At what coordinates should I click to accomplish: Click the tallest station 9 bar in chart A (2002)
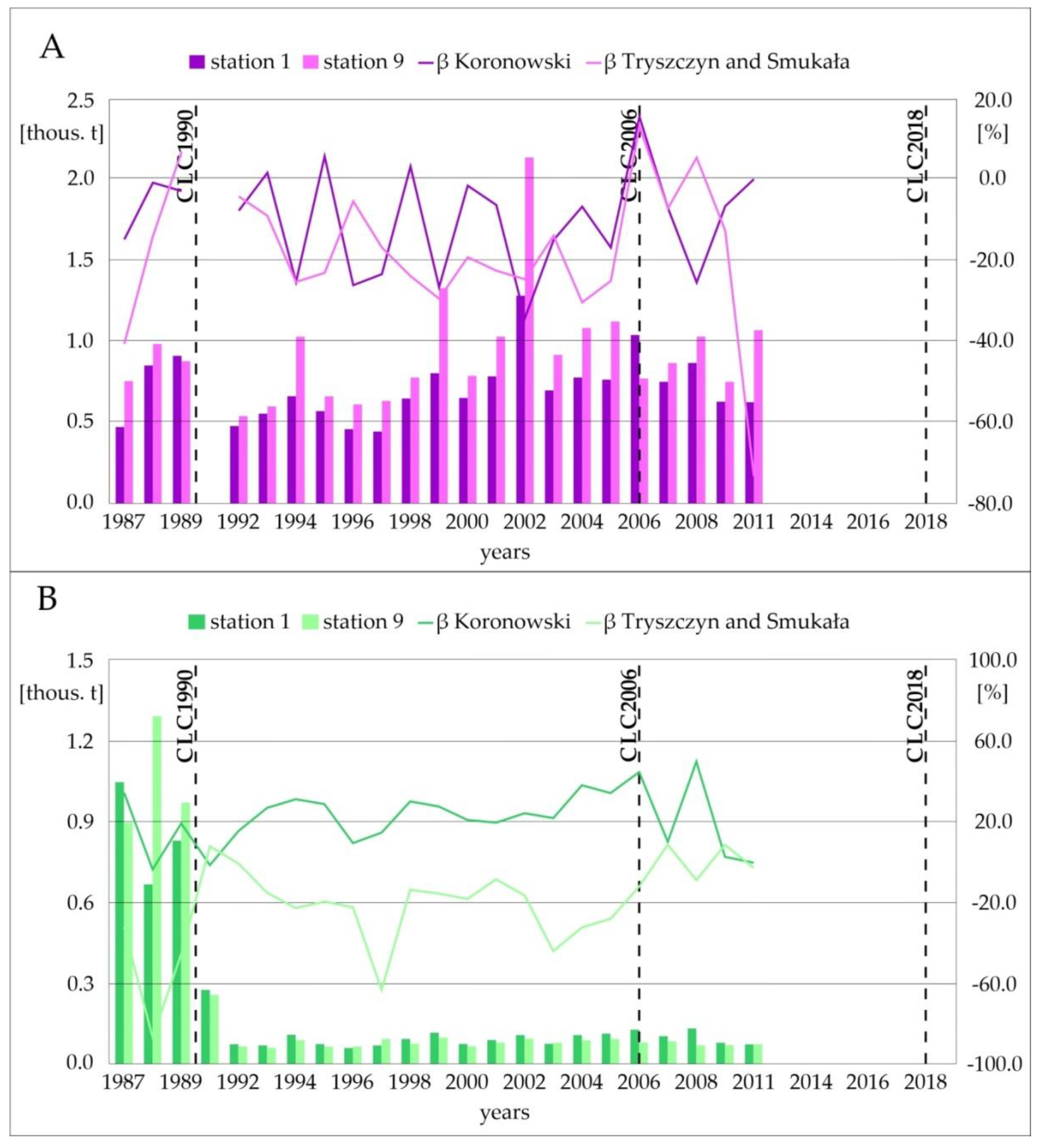coord(529,329)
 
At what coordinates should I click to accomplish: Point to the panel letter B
coord(47,599)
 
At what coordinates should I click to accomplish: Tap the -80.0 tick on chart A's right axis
coord(993,503)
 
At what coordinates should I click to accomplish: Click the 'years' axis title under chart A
coord(505,552)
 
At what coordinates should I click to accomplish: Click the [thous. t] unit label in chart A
coord(62,133)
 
